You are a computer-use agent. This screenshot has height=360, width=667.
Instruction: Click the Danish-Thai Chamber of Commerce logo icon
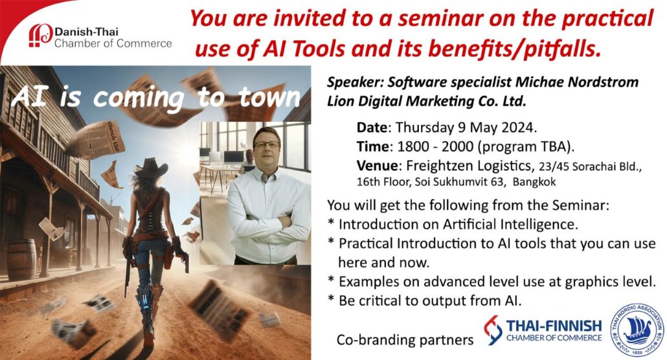pyautogui.click(x=40, y=36)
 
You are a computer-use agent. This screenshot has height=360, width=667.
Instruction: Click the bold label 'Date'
pyautogui.click(x=372, y=128)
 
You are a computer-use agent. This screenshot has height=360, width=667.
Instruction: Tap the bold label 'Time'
pyautogui.click(x=372, y=146)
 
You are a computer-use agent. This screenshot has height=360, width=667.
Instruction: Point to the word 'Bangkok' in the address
pyautogui.click(x=534, y=182)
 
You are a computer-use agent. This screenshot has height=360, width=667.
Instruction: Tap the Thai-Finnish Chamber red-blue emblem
pyautogui.click(x=493, y=330)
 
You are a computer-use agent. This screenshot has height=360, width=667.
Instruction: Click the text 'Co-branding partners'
pyautogui.click(x=405, y=340)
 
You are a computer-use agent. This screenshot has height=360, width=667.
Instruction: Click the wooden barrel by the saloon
pyautogui.click(x=21, y=259)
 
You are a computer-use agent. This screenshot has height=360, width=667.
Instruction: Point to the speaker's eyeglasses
pyautogui.click(x=267, y=144)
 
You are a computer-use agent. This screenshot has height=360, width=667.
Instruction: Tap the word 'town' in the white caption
pyautogui.click(x=269, y=98)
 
